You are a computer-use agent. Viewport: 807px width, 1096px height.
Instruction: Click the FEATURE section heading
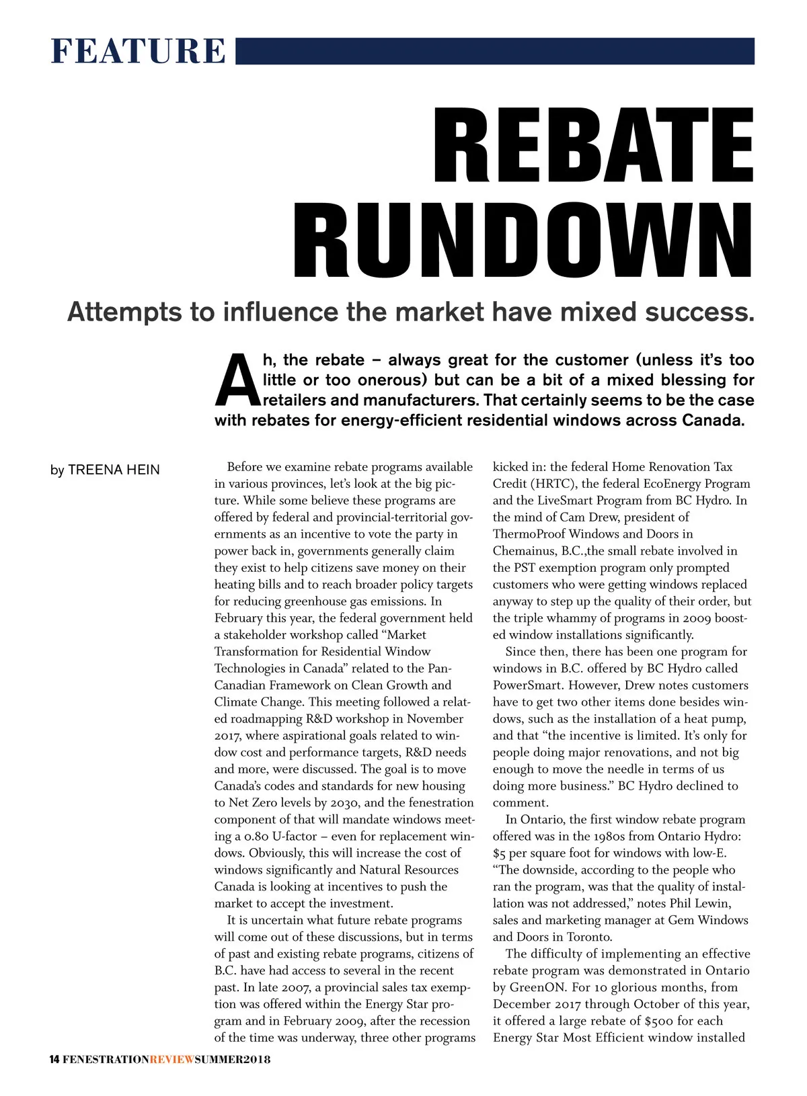pos(138,51)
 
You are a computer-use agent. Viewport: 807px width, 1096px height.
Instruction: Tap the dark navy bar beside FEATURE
pos(494,51)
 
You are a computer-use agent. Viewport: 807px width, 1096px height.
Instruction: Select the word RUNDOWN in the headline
pos(523,243)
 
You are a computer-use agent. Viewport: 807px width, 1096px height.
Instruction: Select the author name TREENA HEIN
pos(114,470)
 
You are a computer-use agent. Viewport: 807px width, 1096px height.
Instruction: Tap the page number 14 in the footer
pos(55,1060)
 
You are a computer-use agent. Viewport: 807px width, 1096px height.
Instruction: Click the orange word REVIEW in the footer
pos(171,1060)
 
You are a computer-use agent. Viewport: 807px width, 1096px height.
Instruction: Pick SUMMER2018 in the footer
pos(232,1060)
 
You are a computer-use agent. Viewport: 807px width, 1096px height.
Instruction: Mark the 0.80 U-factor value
pos(257,836)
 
